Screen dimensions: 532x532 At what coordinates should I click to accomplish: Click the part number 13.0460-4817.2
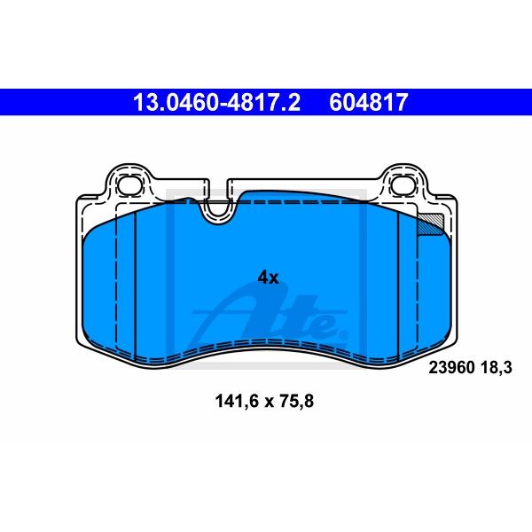click(x=216, y=102)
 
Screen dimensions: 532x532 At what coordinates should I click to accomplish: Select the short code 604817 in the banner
click(x=369, y=102)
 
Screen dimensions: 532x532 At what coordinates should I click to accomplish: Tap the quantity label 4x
click(x=268, y=278)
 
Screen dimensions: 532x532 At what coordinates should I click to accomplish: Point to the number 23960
click(x=451, y=367)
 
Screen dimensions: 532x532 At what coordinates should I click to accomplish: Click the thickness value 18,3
click(x=496, y=367)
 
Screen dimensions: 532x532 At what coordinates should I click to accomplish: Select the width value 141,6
click(x=237, y=402)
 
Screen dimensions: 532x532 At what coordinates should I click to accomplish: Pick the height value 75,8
click(x=296, y=402)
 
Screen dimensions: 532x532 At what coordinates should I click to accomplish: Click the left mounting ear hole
click(x=129, y=186)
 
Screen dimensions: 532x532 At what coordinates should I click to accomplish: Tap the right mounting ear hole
click(x=403, y=186)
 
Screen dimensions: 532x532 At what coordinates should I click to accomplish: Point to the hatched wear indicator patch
click(x=430, y=223)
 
